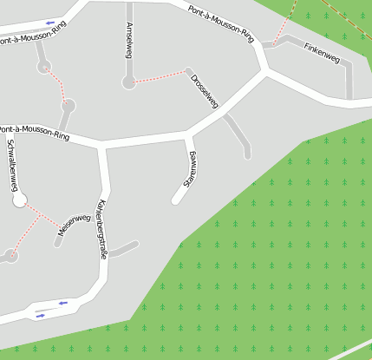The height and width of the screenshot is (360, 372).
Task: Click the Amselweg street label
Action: coord(129,39)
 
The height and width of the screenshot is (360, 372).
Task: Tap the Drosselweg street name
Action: coord(205,91)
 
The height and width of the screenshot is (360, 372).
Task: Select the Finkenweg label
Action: coord(322,53)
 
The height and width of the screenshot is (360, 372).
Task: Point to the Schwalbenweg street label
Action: coord(13,164)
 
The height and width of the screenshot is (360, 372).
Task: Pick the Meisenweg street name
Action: coord(75,225)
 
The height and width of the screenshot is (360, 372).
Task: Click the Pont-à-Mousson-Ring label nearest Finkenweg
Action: coord(221,23)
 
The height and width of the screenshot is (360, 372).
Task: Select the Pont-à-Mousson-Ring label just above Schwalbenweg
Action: coord(35,131)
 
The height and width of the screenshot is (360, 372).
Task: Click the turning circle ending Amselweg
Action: coord(129,83)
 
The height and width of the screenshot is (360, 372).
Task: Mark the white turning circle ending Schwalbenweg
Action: coord(20,201)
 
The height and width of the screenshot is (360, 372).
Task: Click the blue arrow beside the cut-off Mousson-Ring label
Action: coord(50,23)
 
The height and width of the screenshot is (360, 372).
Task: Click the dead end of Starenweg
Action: coord(175,200)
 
